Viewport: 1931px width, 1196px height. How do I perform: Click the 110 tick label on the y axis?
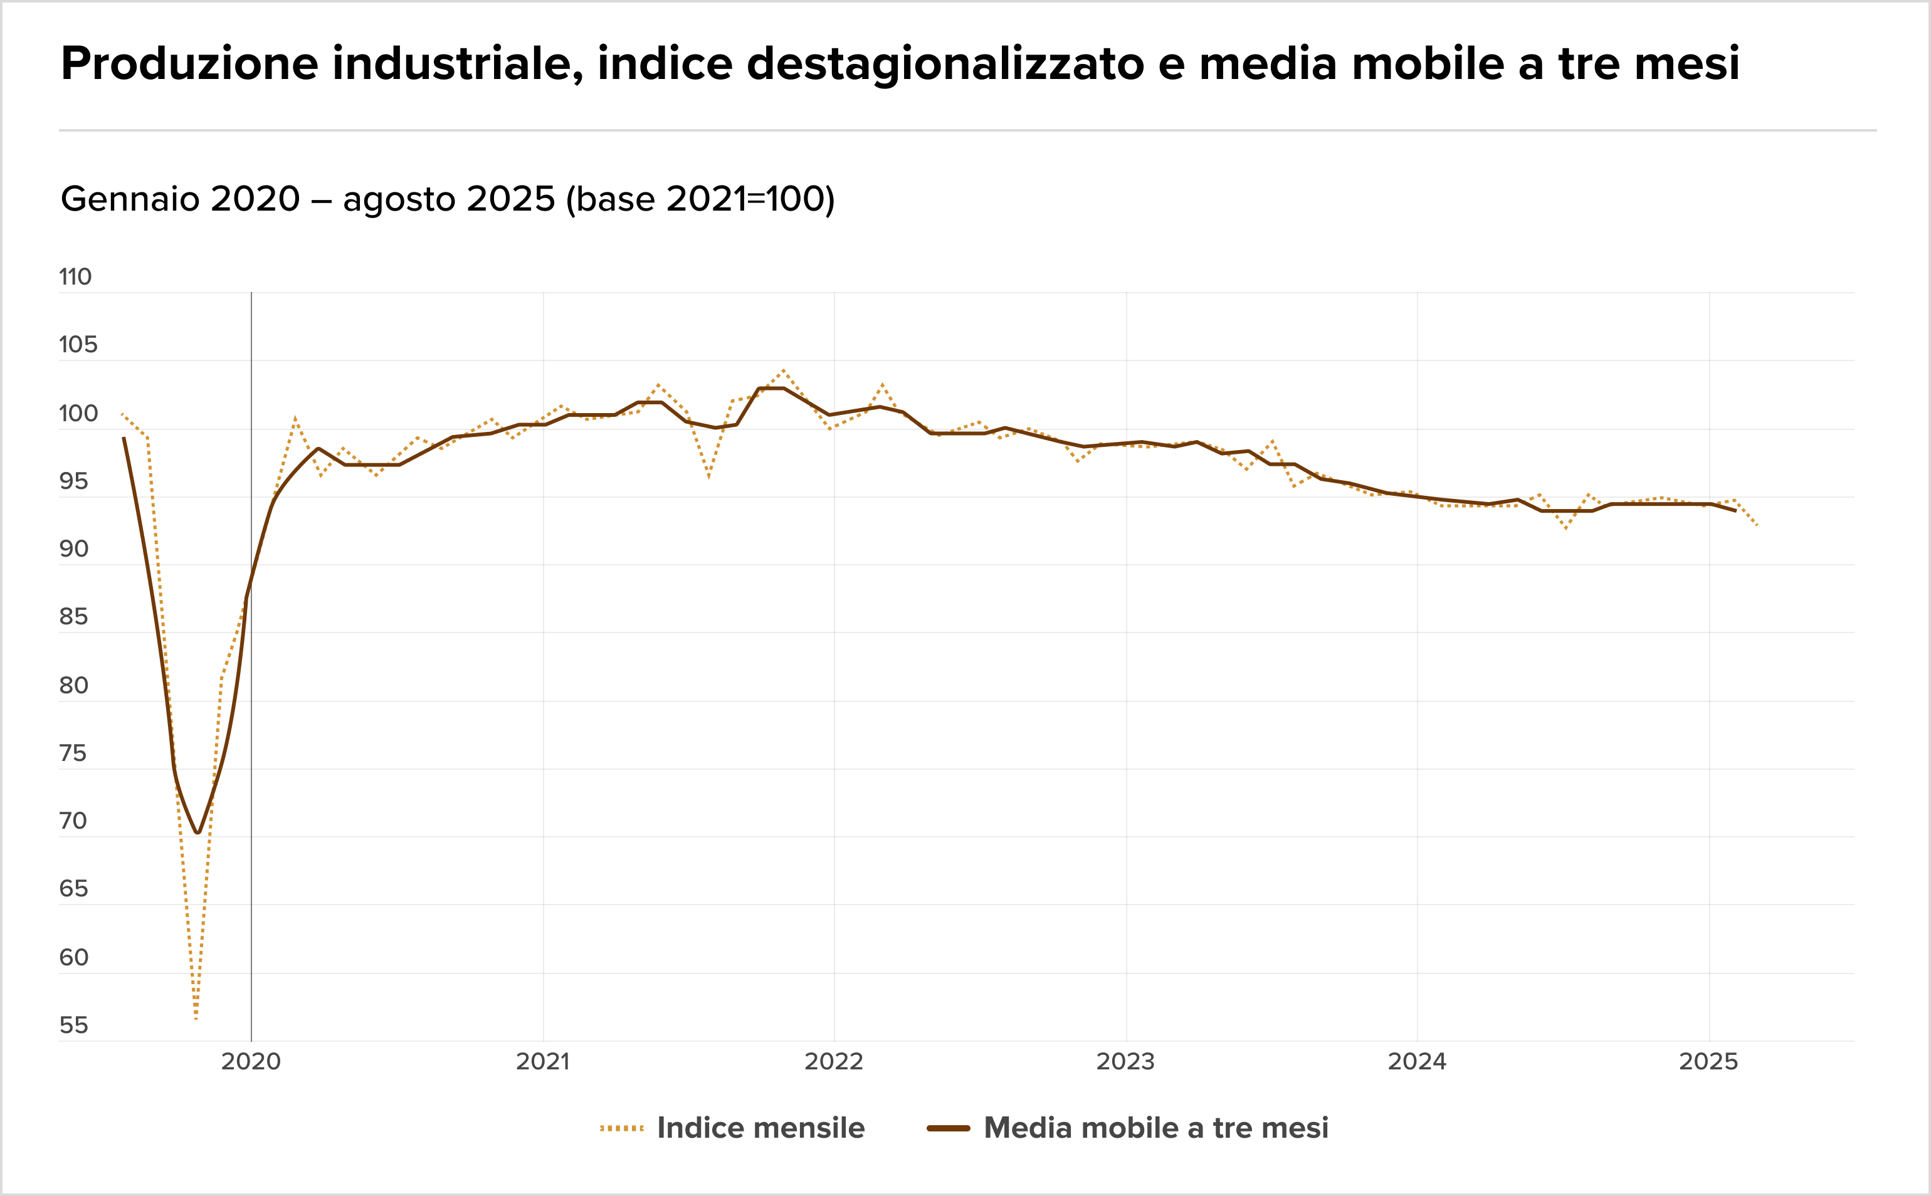click(75, 277)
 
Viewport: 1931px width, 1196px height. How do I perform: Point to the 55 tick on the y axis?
click(73, 1025)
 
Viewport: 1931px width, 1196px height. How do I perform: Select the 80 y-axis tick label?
click(73, 685)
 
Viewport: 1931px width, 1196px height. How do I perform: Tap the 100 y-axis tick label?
click(78, 413)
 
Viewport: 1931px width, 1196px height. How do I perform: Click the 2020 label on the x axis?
click(251, 1061)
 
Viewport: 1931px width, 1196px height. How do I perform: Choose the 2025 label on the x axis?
click(1708, 1061)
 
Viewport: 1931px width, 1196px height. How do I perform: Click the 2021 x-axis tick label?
click(543, 1061)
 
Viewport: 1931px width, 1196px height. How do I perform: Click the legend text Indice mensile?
click(760, 1128)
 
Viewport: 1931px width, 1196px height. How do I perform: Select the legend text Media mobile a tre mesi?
click(1155, 1128)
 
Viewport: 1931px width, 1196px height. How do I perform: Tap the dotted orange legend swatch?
click(622, 1128)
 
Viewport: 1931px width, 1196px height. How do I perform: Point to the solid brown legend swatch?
click(949, 1128)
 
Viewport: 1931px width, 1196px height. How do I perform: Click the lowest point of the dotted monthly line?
click(196, 1019)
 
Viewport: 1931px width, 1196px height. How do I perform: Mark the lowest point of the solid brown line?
click(197, 833)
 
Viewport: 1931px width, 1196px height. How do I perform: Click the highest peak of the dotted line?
click(783, 370)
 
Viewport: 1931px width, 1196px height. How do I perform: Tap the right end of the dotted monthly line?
click(1757, 525)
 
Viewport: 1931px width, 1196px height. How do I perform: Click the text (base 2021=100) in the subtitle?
click(700, 199)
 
